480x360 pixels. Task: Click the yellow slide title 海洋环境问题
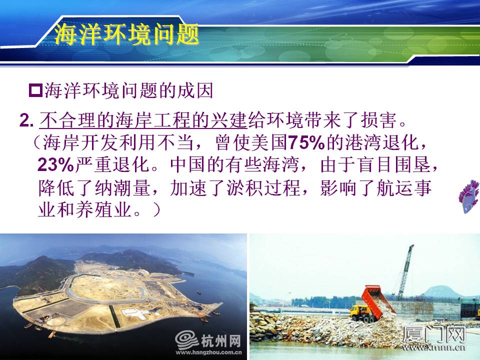click(126, 34)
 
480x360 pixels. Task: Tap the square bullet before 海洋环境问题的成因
click(35, 90)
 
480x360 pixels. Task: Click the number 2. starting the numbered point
click(26, 120)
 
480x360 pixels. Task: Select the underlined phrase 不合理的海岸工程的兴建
click(143, 120)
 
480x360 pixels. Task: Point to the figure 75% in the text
click(306, 142)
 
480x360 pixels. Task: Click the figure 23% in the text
click(55, 164)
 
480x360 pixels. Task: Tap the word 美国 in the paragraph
click(269, 142)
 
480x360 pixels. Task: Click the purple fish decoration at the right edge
click(469, 196)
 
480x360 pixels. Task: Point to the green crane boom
click(406, 271)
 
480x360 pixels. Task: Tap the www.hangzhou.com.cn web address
click(208, 352)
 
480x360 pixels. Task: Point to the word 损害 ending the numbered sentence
click(378, 120)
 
